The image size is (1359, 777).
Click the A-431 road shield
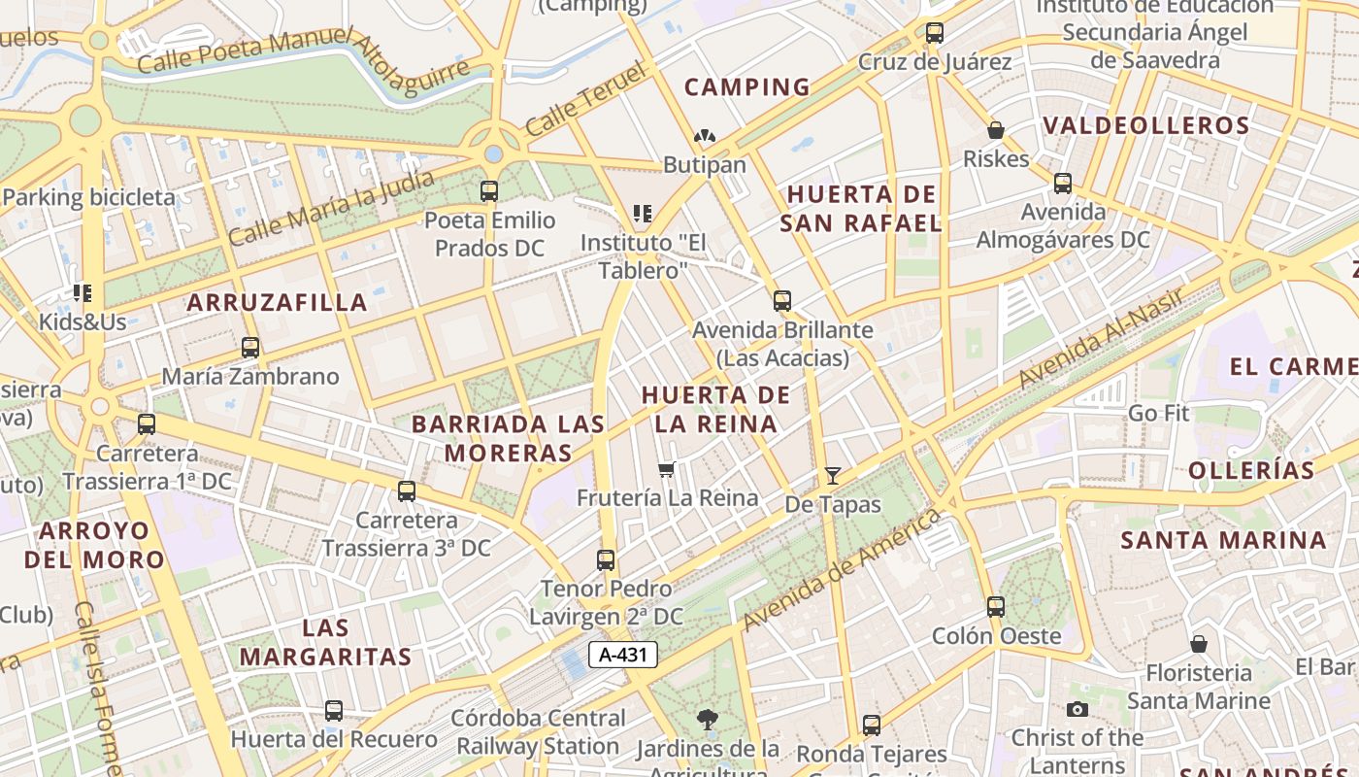click(623, 655)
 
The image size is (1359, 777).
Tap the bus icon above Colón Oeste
click(996, 607)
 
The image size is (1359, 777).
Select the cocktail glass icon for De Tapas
click(833, 476)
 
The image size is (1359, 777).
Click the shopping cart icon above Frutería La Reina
click(667, 469)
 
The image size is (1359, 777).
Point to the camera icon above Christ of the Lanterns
click(1077, 709)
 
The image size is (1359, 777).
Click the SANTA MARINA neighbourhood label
click(1223, 540)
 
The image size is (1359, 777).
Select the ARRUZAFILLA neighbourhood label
click(278, 302)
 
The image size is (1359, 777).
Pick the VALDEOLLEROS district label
click(1146, 125)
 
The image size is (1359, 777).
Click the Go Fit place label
click(1158, 413)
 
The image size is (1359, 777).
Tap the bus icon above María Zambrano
click(250, 348)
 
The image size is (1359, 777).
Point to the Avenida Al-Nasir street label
click(1102, 339)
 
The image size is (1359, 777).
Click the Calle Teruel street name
click(585, 99)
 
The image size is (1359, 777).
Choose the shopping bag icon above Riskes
click(996, 130)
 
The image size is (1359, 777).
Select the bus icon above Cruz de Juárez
click(935, 33)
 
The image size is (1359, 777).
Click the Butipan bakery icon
click(705, 137)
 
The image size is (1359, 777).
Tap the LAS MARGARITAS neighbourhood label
click(325, 642)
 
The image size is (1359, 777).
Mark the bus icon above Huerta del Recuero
click(334, 711)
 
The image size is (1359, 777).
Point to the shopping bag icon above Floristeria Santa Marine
click(1199, 644)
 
